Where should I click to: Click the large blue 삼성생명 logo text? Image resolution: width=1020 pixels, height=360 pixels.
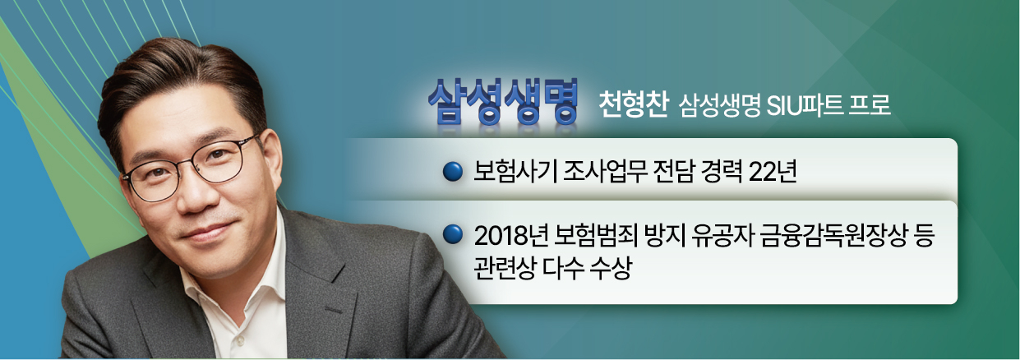pos(503,102)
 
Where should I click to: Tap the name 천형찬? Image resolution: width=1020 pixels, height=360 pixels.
pos(634,104)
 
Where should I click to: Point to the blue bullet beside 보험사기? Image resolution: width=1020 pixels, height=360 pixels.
pos(453,172)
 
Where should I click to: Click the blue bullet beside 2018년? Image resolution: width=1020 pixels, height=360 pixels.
pos(453,234)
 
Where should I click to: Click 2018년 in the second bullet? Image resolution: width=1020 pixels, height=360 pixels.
pos(510,236)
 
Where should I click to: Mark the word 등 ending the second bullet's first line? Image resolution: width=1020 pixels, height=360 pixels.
pos(923,236)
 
